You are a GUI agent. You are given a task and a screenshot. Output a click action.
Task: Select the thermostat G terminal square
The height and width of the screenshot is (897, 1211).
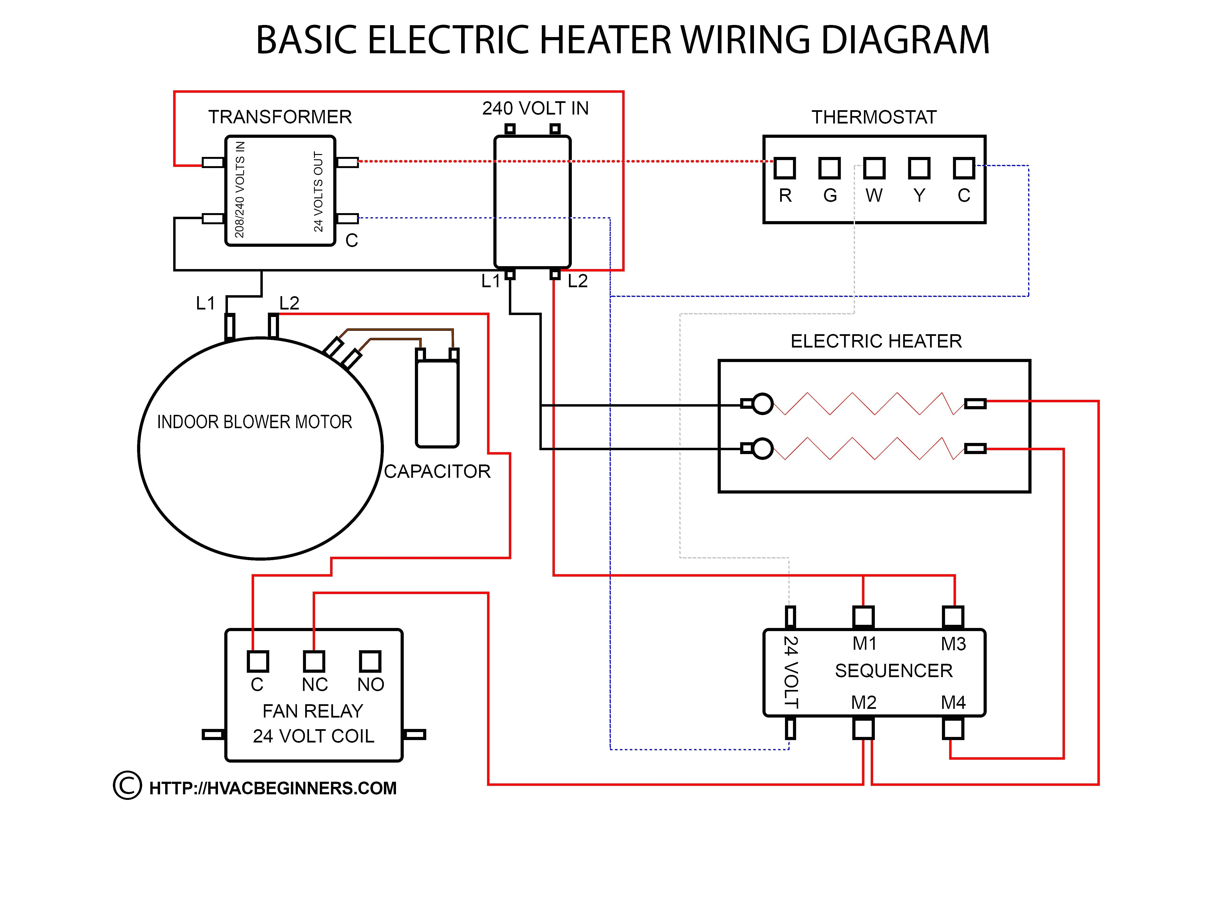tap(829, 168)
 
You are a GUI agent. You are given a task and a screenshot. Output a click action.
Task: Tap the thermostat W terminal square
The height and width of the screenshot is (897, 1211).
tap(874, 168)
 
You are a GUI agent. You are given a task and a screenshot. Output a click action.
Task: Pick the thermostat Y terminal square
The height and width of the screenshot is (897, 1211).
tap(919, 168)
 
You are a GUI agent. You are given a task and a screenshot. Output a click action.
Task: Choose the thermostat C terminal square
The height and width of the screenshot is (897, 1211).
tap(964, 168)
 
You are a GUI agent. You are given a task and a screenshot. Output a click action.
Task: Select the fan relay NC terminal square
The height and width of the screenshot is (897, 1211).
tap(314, 661)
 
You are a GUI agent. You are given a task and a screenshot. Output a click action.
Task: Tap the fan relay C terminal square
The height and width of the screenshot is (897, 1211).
tap(258, 661)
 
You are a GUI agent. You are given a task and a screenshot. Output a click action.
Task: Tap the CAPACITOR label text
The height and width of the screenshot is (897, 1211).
tap(437, 471)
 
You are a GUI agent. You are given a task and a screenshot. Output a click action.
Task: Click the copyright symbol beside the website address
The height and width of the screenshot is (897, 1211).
tap(127, 786)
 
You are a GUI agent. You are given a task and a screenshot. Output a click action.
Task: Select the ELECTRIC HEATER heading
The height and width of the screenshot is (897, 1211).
tap(876, 341)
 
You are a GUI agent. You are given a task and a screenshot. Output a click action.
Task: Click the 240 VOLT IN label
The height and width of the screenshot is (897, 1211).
tap(536, 108)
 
